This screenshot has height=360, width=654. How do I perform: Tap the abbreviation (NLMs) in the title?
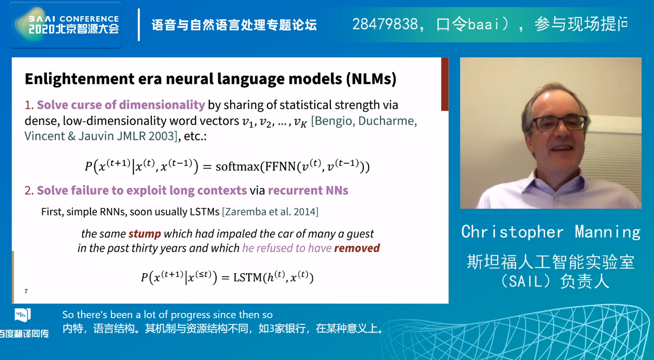coord(371,79)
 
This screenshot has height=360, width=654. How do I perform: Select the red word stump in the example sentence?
coord(145,234)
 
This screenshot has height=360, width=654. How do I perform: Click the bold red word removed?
coord(357,248)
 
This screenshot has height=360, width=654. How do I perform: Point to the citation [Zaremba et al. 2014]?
coord(270,212)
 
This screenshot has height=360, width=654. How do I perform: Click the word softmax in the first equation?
coord(237,166)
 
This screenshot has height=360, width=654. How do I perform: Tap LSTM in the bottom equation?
coord(248,277)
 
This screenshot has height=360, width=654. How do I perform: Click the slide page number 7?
coord(26,291)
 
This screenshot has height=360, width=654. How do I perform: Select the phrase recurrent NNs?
coord(308,191)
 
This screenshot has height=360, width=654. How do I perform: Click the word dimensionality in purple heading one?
coord(162,105)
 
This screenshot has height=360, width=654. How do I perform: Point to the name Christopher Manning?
coord(551,232)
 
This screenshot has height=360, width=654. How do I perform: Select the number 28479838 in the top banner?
coord(385,24)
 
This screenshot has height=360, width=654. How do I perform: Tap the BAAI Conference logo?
coord(66,25)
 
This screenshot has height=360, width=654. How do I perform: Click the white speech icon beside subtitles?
coord(23,315)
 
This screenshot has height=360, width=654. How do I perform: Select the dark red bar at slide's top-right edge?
coord(444,84)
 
